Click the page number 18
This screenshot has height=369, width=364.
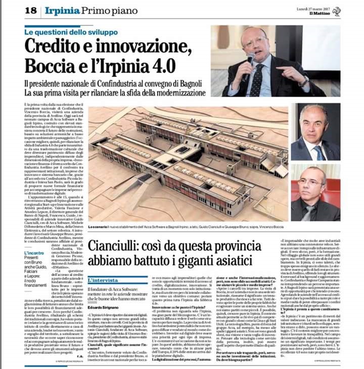tap(31, 10)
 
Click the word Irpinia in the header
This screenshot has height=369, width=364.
tap(61, 10)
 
